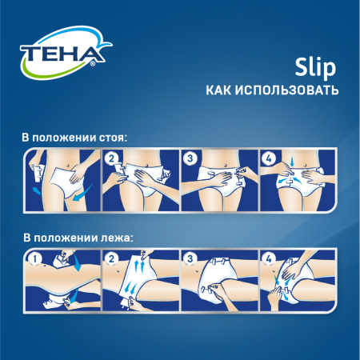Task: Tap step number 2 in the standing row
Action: [x=113, y=158]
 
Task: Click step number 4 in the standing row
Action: [x=269, y=158]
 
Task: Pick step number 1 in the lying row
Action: [x=34, y=258]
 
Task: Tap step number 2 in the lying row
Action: [x=113, y=258]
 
